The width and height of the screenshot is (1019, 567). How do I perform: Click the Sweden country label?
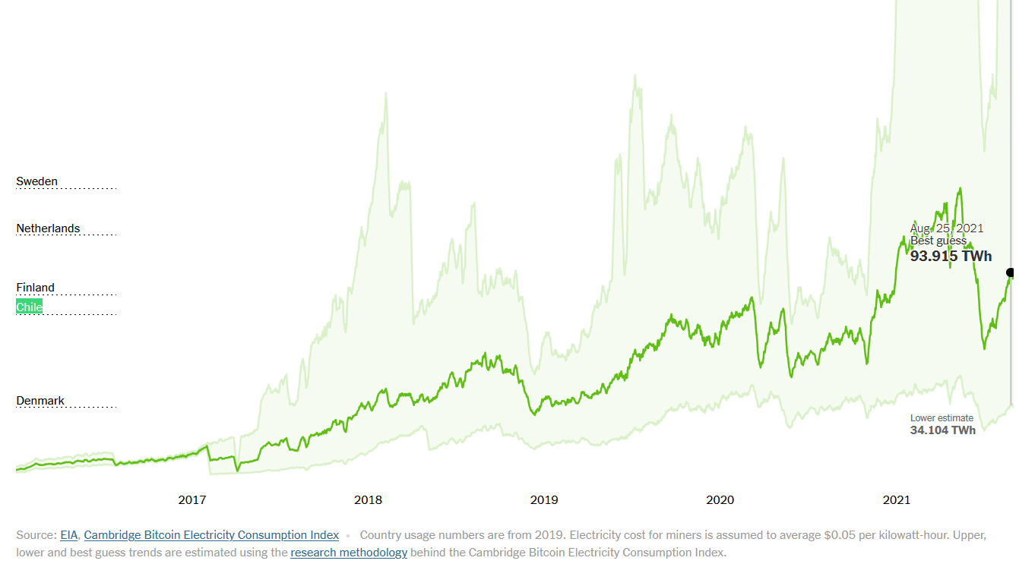pyautogui.click(x=36, y=181)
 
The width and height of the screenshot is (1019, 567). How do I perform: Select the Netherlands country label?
pyautogui.click(x=48, y=228)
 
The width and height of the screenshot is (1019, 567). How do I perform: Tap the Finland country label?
pyautogui.click(x=35, y=288)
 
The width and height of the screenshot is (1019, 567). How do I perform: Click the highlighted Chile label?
pyautogui.click(x=30, y=307)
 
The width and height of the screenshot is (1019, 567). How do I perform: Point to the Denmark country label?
pyautogui.click(x=40, y=401)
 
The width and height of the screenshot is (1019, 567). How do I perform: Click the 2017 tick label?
pyautogui.click(x=191, y=499)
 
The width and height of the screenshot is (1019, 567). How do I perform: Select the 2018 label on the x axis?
pyautogui.click(x=368, y=499)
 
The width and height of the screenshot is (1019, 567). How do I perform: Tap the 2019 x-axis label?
pyautogui.click(x=544, y=499)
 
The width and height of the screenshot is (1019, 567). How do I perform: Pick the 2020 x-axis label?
pyautogui.click(x=720, y=499)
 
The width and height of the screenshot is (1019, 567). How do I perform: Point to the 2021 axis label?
pyautogui.click(x=896, y=499)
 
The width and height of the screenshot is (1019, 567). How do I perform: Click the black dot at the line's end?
pyautogui.click(x=1011, y=272)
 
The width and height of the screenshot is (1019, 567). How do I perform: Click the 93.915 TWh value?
pyautogui.click(x=951, y=257)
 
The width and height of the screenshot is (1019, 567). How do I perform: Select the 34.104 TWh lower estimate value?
pyautogui.click(x=942, y=430)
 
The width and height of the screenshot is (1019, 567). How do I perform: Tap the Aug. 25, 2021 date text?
pyautogui.click(x=947, y=228)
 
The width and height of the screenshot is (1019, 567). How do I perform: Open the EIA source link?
pyautogui.click(x=68, y=535)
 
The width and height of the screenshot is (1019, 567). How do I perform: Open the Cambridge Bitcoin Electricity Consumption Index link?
pyautogui.click(x=211, y=535)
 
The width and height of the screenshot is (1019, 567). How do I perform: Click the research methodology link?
pyautogui.click(x=349, y=553)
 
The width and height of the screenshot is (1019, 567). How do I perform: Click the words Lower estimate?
pyautogui.click(x=941, y=418)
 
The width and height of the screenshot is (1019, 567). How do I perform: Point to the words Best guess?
pyautogui.click(x=938, y=241)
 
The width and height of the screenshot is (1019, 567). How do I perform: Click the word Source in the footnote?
pyautogui.click(x=35, y=535)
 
